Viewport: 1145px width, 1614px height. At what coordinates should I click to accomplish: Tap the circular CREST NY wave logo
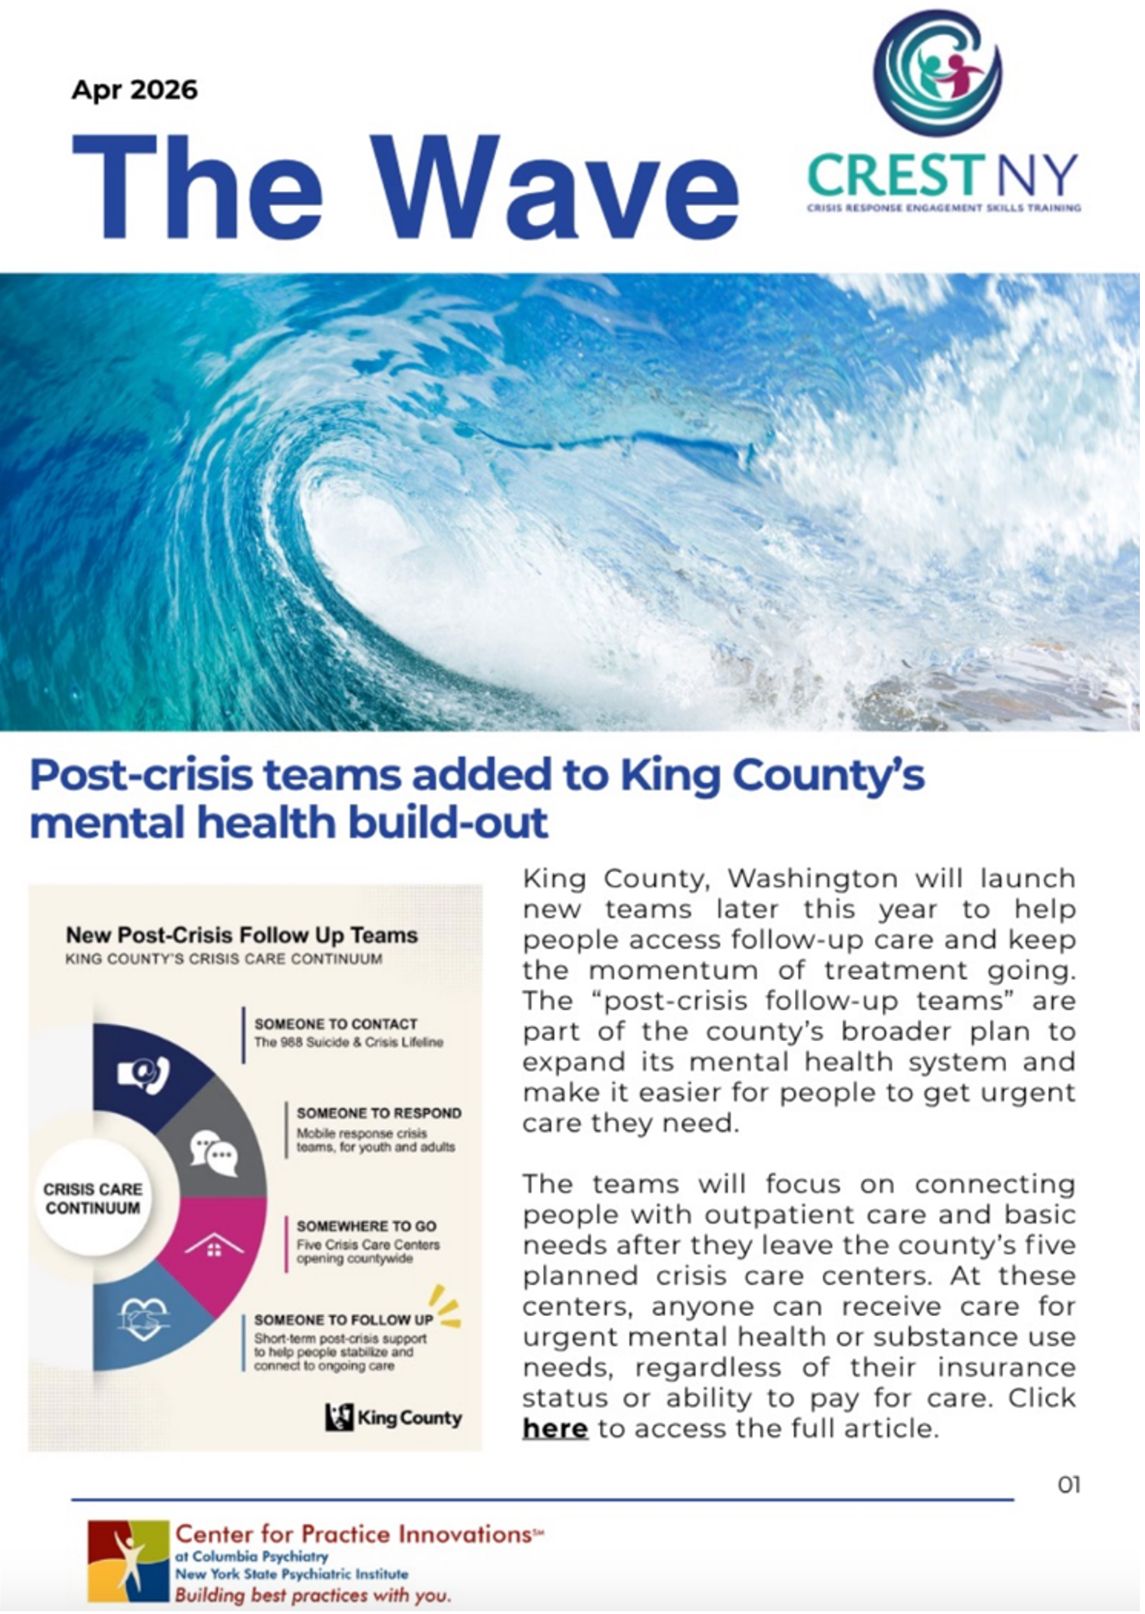[937, 73]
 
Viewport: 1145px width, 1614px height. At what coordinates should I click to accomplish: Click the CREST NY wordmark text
[943, 175]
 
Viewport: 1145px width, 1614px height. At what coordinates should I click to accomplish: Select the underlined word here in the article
[555, 1428]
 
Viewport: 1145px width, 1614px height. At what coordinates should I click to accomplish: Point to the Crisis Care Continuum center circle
[92, 1199]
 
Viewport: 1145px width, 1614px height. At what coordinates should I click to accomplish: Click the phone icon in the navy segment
[145, 1074]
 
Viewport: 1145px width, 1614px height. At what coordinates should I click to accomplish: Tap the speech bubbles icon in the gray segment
[214, 1153]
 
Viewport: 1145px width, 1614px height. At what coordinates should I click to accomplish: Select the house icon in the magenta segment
[214, 1247]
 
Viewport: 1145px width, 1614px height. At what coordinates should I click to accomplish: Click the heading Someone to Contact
[335, 1023]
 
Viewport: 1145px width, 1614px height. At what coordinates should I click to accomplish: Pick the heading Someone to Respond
[379, 1113]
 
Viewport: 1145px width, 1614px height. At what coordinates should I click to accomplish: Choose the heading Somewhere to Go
[366, 1226]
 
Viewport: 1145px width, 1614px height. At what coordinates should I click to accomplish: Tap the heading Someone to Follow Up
[344, 1319]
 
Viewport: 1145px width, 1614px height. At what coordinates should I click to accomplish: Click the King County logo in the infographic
[393, 1417]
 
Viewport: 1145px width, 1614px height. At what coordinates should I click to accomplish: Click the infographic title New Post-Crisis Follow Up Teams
[241, 935]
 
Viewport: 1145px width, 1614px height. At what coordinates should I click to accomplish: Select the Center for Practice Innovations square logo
[128, 1560]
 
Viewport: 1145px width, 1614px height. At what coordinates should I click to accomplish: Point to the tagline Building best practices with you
[312, 1595]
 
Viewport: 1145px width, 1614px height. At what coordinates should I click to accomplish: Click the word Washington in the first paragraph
[812, 879]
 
